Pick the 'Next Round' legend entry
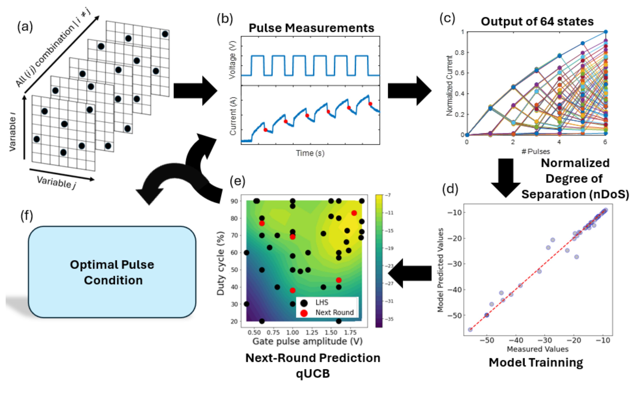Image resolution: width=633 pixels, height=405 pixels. [x=334, y=313]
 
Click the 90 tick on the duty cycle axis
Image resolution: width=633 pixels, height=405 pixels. [x=234, y=201]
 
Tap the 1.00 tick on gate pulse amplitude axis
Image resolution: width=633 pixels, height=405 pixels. [x=292, y=332]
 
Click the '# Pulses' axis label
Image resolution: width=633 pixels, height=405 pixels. [x=535, y=152]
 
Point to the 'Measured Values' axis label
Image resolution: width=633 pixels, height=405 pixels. [x=537, y=349]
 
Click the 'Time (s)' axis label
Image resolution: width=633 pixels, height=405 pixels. [x=310, y=153]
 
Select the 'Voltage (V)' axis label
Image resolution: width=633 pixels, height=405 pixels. [x=232, y=60]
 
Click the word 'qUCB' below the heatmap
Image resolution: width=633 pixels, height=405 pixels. [x=313, y=374]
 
